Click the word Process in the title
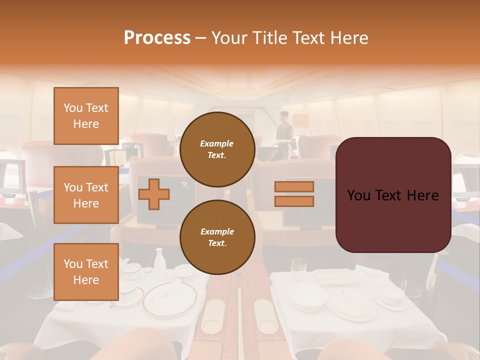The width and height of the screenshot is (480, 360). point(157,38)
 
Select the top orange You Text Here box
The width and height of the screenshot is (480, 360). point(86,116)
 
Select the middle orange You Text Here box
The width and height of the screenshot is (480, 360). point(86,195)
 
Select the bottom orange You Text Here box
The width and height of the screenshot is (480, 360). point(86,271)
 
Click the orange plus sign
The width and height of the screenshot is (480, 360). point(153,194)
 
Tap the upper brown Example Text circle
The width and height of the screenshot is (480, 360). point(217,149)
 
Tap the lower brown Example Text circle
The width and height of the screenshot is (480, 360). point(217,237)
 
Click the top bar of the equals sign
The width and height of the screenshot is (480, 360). point(294,187)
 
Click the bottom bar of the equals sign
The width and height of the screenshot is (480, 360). point(294,201)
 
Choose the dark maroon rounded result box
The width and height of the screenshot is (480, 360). point(393,195)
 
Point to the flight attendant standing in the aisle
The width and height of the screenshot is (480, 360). point(285,131)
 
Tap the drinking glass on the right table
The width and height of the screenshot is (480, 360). point(299,270)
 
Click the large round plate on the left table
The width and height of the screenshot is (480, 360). point(170,298)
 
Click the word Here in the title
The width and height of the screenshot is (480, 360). point(347,38)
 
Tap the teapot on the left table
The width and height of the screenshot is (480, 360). point(131,270)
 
